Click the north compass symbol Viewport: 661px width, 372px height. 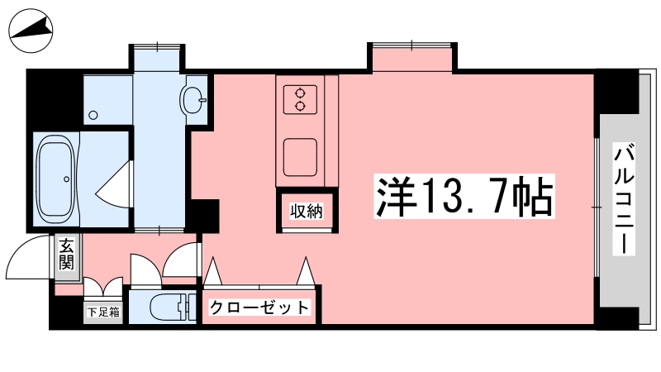[31, 31]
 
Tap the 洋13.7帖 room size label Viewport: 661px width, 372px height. [464, 197]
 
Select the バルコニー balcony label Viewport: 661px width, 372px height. [624, 198]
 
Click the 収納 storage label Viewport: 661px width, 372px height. [307, 211]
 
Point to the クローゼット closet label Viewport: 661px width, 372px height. [259, 308]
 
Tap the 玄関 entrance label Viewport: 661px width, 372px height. [67, 255]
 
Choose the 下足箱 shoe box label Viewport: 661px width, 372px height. [103, 312]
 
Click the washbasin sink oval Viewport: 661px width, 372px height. [193, 99]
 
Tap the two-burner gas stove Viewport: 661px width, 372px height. [300, 99]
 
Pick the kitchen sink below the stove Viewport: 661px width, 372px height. [300, 157]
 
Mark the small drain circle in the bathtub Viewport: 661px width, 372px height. [67, 179]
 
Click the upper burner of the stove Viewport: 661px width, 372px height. [300, 93]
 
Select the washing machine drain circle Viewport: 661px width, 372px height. [93, 115]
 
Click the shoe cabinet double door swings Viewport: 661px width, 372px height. [103, 288]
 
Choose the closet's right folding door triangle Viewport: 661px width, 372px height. [306, 271]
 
